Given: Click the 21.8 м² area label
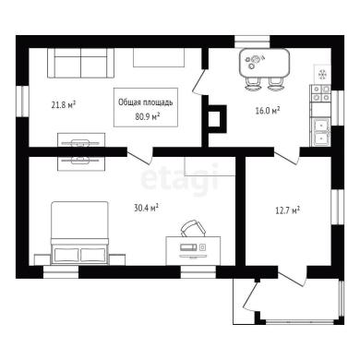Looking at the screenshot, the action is [x=64, y=105].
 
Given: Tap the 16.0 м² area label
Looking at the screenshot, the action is [x=268, y=110].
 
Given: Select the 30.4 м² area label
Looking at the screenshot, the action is [x=146, y=208].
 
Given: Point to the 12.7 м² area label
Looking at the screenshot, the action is [x=287, y=210].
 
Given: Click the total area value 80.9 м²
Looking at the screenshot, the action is [x=147, y=116].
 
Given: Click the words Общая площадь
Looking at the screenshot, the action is [x=146, y=102].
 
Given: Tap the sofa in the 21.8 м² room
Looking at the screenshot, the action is [x=81, y=63].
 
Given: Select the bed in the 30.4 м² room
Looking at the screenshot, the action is [x=80, y=233].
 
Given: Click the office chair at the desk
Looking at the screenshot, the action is [x=193, y=228].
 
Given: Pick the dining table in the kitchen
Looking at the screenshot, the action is [x=265, y=64].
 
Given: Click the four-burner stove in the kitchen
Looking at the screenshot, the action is [x=320, y=93].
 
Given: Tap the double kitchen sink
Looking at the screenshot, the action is [x=321, y=132].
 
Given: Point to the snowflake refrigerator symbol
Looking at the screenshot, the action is [x=322, y=74].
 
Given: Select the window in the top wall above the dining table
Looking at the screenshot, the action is [x=252, y=42].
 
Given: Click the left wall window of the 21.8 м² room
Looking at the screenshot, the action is [x=22, y=101].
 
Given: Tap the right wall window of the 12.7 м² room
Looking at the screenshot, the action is [x=338, y=207].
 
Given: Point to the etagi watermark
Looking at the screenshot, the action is [x=180, y=180].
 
